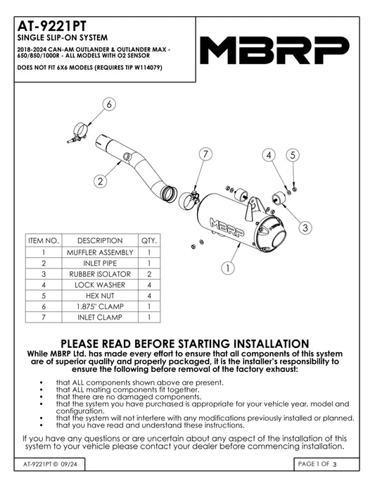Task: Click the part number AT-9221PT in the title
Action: pos(52,26)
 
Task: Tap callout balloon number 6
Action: pos(109,104)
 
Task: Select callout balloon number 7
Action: pos(205,154)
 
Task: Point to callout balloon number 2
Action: pos(100,181)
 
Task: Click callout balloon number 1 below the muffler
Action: pos(228,268)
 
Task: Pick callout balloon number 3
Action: pos(305,228)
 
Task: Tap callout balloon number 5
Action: pos(293,155)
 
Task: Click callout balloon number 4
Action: pos(269,155)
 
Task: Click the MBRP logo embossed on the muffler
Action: pos(227,228)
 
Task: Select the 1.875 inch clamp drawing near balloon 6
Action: pos(78,133)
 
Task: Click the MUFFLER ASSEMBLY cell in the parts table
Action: pos(100,252)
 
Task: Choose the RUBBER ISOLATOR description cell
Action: pos(100,274)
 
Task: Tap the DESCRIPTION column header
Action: pos(100,240)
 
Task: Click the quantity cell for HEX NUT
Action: pos(149,296)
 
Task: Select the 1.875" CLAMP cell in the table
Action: pos(100,306)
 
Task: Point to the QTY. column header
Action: pos(149,240)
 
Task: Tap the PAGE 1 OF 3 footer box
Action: pos(326,464)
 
